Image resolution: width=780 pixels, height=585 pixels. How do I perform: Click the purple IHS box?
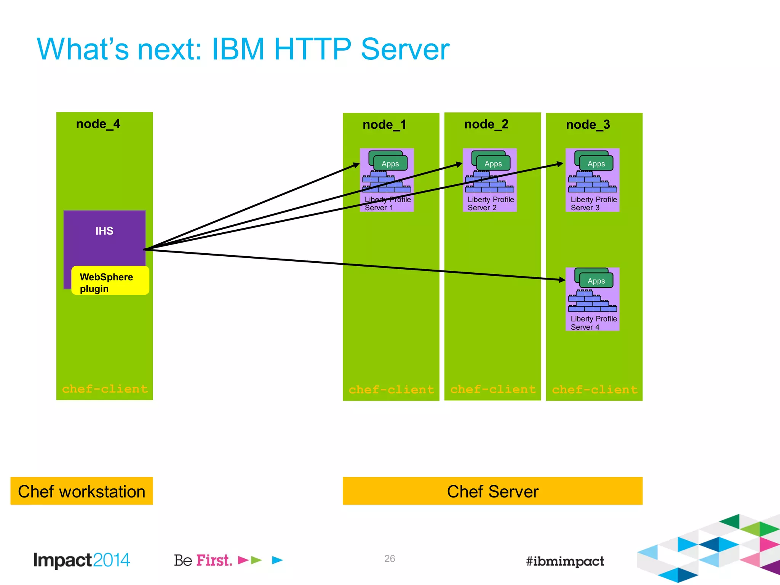coord(104,236)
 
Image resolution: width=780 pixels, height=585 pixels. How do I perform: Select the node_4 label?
coord(98,124)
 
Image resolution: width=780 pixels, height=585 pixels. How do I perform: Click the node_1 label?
coord(384,125)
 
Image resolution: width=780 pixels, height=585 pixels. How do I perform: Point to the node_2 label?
coord(486,125)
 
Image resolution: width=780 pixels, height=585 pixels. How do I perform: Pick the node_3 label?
coord(588,125)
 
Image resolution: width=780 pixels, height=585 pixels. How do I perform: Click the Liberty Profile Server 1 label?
coord(387,204)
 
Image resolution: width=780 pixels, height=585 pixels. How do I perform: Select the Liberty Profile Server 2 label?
coord(490,204)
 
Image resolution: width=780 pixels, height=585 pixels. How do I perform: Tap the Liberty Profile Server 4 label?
coord(593,323)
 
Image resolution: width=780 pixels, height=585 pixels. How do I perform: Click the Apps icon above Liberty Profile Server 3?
coord(595,162)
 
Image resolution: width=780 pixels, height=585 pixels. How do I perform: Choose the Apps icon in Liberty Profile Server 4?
coord(595,280)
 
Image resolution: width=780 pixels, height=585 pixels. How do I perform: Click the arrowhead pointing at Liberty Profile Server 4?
coord(562,280)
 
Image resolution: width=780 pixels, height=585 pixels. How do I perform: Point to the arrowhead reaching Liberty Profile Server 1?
coord(356,165)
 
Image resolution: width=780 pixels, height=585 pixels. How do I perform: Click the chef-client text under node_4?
coord(105,389)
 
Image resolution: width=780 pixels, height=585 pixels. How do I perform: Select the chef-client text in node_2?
coord(493,389)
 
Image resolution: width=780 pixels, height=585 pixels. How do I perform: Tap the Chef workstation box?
coord(82,491)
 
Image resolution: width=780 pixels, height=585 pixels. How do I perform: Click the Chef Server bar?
coord(492,491)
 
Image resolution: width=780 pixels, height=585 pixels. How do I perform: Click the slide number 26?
coord(389,559)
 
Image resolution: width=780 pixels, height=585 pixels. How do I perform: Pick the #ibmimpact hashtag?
coord(564,561)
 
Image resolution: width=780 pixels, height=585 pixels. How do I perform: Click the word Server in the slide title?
coord(404,50)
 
